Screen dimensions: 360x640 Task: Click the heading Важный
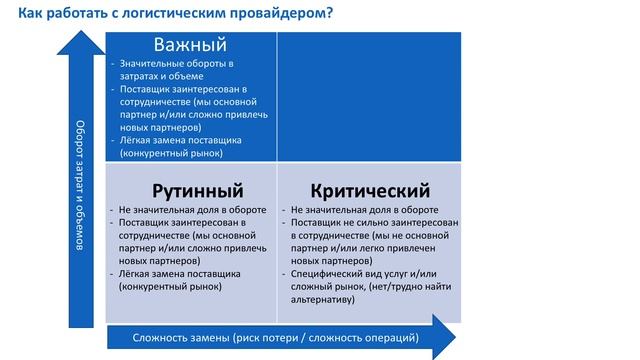[190, 45]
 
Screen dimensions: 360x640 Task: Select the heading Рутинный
[198, 190]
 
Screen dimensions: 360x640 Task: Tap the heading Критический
[370, 190]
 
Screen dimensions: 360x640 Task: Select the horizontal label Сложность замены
[182, 337]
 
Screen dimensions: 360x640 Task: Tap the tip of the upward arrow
[82, 33]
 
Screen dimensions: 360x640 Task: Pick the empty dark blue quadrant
[369, 97]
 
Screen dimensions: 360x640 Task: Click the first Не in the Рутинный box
[124, 210]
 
